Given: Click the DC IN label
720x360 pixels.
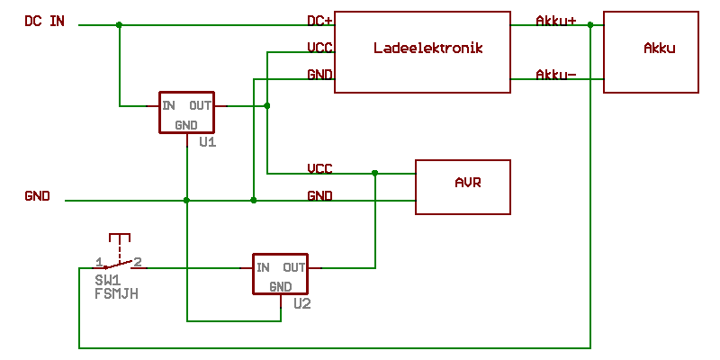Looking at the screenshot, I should pyautogui.click(x=44, y=21).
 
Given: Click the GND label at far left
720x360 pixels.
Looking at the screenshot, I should pyautogui.click(x=38, y=195).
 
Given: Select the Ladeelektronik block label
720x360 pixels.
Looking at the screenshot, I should pyautogui.click(x=428, y=48).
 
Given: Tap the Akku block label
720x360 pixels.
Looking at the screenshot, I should pyautogui.click(x=659, y=48).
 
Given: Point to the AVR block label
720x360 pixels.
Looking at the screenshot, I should pyautogui.click(x=468, y=183).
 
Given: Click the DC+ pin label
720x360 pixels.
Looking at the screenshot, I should pyautogui.click(x=319, y=21).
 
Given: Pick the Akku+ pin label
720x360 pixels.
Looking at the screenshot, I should pyautogui.click(x=555, y=21).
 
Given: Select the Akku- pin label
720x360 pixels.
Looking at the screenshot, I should pyautogui.click(x=555, y=75).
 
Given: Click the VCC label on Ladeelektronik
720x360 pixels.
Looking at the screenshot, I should pyautogui.click(x=319, y=48).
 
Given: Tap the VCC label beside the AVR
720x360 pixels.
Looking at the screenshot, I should pyautogui.click(x=319, y=168).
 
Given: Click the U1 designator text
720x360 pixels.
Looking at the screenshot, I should pyautogui.click(x=208, y=142).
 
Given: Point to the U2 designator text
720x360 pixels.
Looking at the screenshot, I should pyautogui.click(x=301, y=304).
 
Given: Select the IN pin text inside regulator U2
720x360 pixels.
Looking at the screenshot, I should pyautogui.click(x=263, y=267).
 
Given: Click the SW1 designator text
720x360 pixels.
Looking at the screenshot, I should pyautogui.click(x=108, y=281).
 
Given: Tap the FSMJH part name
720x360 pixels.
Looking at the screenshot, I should pyautogui.click(x=116, y=293).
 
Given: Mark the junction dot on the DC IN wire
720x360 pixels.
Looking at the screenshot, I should pyautogui.click(x=119, y=25).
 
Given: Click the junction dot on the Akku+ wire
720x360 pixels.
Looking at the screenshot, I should pyautogui.click(x=590, y=25).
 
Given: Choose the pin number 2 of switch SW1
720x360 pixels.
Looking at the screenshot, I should pyautogui.click(x=138, y=262).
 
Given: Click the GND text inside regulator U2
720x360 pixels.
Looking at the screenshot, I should pyautogui.click(x=280, y=287).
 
